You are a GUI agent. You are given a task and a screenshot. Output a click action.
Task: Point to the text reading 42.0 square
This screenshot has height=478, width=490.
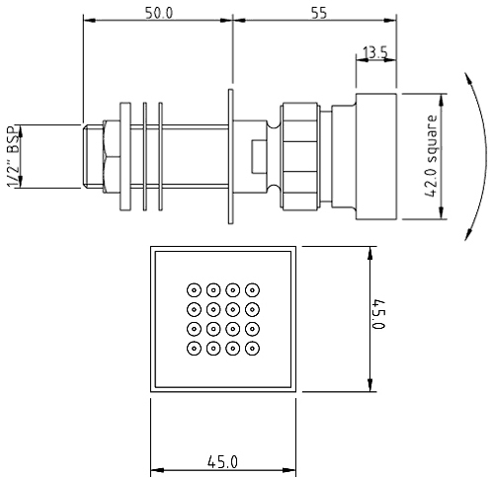pos(432,157)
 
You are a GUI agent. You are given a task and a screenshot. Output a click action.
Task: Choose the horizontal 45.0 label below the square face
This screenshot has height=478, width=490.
pos(222,461)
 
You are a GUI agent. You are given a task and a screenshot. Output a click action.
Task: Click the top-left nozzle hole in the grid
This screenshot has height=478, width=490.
pos(193,289)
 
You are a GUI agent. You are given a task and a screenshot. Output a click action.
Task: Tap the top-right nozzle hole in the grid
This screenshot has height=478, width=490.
pos(253,289)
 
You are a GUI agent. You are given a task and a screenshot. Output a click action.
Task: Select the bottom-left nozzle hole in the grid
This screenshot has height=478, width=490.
pos(193,348)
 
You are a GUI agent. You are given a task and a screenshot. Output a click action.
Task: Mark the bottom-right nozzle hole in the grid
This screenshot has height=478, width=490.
pos(253,348)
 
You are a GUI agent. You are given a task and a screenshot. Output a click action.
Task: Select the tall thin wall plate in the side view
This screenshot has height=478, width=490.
pos(229,157)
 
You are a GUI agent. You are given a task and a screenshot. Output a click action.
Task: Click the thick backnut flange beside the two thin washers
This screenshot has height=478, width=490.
pos(125,157)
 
